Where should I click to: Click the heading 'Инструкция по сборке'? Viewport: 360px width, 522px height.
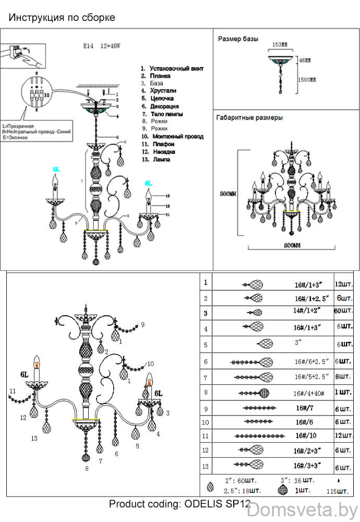(x=62, y=18)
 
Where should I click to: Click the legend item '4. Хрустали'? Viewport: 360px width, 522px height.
(x=158, y=91)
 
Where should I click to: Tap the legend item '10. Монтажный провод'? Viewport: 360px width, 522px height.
(x=172, y=136)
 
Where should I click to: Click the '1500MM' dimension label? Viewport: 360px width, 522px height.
(x=307, y=79)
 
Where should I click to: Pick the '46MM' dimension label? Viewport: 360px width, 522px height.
(x=305, y=61)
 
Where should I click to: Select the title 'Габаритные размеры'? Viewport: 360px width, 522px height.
(x=249, y=118)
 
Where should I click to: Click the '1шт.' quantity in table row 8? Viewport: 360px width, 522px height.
(x=343, y=391)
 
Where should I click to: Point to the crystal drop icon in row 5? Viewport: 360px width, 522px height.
(x=266, y=344)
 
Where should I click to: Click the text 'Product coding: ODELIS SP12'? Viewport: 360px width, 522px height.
(x=180, y=504)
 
